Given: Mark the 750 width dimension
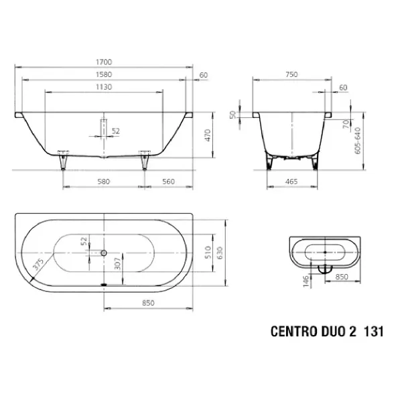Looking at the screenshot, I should [x=291, y=74].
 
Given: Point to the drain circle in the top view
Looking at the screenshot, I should [x=104, y=253].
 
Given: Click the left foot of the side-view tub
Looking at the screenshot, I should [x=64, y=161].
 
